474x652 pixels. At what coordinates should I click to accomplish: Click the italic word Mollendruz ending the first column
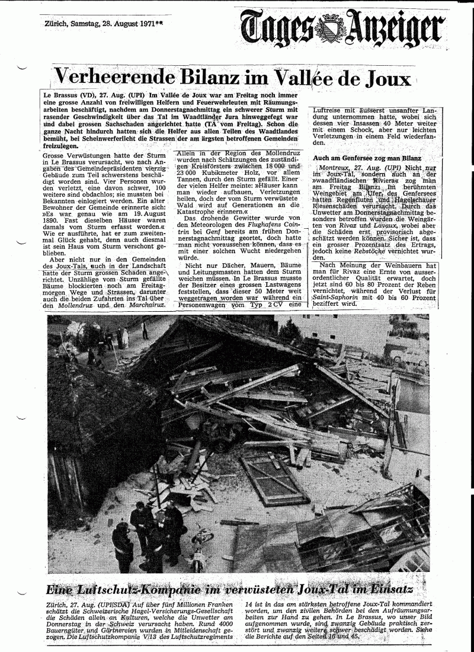click(x=74, y=306)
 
